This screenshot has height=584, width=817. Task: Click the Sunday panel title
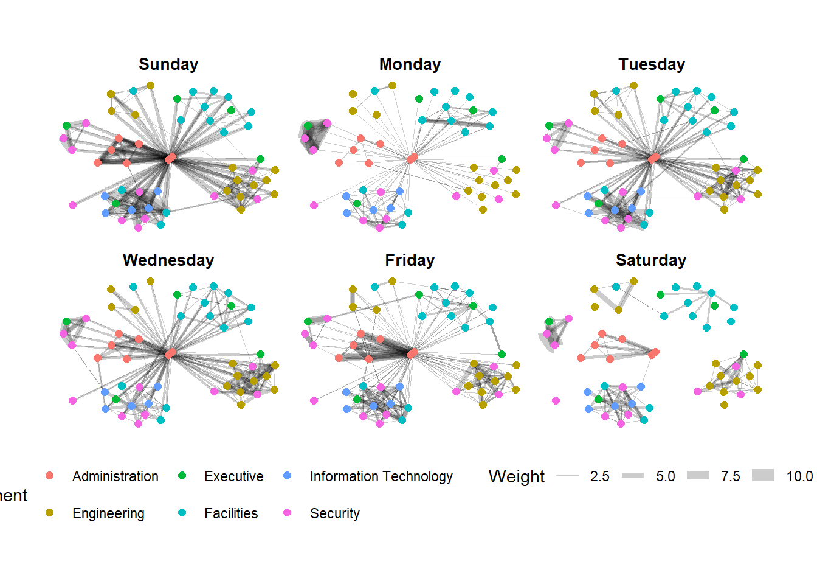point(168,64)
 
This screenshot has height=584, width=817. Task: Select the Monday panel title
point(410,64)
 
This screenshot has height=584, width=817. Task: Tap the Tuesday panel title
point(652,64)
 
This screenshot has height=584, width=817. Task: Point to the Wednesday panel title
point(168,260)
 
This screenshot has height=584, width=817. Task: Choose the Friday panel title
point(410,260)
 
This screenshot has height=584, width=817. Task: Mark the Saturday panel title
point(651,260)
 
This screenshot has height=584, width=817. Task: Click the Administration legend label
point(115,476)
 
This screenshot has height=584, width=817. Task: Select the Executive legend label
point(233,476)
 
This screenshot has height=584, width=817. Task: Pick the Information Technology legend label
point(381,476)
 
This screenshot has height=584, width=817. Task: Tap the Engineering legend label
point(108,513)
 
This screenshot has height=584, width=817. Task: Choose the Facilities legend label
point(231,513)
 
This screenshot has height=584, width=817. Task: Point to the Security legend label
point(334,513)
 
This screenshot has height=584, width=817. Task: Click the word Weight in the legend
point(516,476)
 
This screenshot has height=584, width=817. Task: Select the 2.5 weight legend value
point(599,476)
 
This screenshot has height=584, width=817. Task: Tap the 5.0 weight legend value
point(665,476)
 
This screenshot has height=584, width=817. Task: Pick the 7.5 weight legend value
point(730,476)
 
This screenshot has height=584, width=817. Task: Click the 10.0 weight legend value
point(799,476)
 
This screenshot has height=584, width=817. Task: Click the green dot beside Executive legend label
point(182,476)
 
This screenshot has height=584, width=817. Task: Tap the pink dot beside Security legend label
point(288,513)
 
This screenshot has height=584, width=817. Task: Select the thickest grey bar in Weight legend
point(763,476)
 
